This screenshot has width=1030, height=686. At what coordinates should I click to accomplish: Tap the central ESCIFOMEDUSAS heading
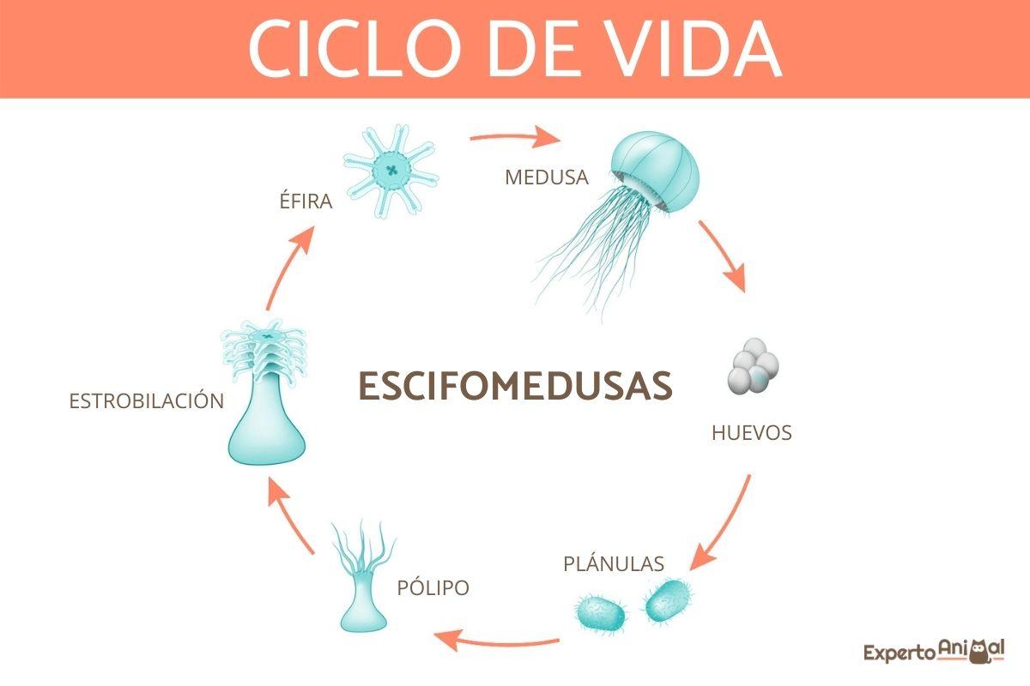(515, 386)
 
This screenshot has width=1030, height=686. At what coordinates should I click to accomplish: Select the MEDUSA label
(547, 178)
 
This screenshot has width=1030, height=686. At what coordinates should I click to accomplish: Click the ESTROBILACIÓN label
(147, 400)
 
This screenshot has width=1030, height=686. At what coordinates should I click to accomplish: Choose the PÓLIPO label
(433, 588)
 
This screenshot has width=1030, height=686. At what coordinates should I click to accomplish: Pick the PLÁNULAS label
(614, 563)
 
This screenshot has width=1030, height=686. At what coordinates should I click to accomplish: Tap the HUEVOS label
(751, 433)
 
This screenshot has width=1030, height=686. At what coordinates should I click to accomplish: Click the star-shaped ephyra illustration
(391, 170)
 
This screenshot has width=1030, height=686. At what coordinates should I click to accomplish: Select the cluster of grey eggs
(752, 368)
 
